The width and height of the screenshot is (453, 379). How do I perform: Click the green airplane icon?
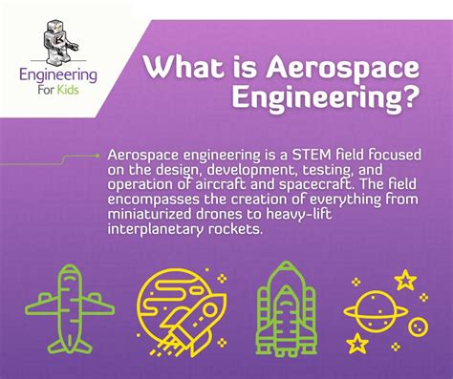point(70,309)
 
